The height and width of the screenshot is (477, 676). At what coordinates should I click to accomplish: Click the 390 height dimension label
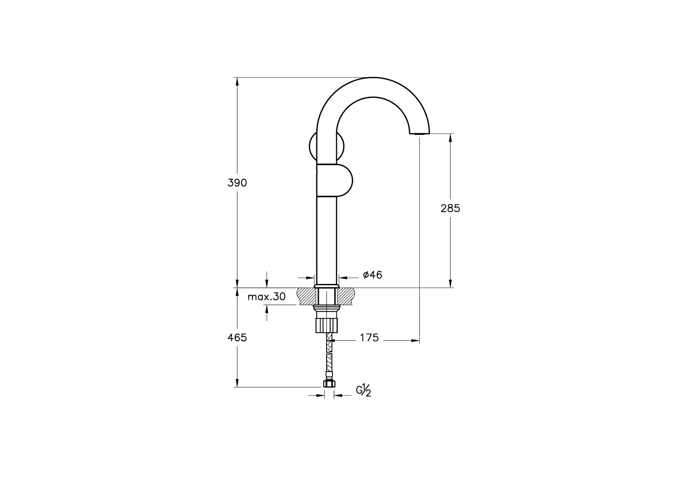click(237, 183)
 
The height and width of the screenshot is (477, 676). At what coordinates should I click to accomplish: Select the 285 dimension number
click(450, 208)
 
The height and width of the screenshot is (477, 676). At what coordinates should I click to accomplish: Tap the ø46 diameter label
click(373, 275)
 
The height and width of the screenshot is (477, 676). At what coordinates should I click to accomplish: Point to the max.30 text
click(267, 297)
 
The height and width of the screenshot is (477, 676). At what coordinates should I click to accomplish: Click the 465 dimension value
click(237, 338)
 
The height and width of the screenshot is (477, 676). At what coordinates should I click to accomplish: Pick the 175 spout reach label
click(369, 338)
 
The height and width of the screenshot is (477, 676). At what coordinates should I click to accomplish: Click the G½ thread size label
click(364, 390)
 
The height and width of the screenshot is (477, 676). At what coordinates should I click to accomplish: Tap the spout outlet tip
click(420, 133)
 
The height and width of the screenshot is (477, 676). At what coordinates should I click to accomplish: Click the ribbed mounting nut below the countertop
click(326, 325)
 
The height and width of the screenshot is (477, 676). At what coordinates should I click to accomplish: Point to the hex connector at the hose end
click(329, 383)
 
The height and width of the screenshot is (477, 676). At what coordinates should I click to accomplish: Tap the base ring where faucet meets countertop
click(326, 286)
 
